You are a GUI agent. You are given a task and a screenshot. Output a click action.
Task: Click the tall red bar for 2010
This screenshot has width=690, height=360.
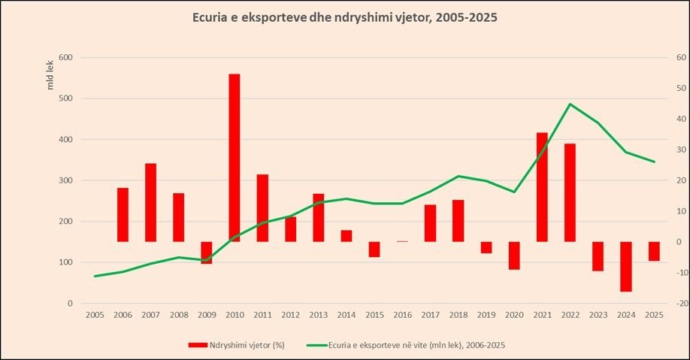(235, 158)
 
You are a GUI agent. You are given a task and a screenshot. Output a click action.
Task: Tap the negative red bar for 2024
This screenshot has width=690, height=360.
(625, 267)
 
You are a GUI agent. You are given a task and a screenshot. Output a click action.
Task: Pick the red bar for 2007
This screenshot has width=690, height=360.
(150, 202)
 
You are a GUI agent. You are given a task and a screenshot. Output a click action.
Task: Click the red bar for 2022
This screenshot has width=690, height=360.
(570, 192)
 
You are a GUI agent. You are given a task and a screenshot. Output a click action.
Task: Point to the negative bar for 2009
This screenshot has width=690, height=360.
(207, 253)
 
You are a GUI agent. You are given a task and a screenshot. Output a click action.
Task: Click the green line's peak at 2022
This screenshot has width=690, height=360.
(570, 104)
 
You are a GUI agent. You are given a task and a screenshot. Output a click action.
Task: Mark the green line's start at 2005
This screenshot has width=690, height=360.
(95, 276)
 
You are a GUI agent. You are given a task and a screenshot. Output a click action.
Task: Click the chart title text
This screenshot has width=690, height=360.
(344, 17)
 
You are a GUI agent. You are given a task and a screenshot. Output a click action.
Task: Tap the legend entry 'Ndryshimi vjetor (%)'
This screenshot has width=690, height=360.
(236, 344)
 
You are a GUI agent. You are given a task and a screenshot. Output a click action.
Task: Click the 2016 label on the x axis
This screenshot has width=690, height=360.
(402, 316)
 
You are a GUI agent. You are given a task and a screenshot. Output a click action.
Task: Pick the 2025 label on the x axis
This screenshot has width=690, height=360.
(653, 316)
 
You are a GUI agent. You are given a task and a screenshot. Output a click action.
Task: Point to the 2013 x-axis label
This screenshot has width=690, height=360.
(318, 316)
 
